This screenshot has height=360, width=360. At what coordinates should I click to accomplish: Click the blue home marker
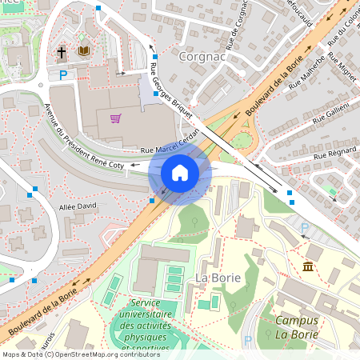[x=180, y=172]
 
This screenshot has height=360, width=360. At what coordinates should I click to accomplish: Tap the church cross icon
[x=62, y=53]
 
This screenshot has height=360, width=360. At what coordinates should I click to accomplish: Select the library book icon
[x=83, y=51]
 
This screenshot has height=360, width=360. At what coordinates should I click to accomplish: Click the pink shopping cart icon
[x=116, y=118]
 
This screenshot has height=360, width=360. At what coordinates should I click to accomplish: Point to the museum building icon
[x=308, y=266]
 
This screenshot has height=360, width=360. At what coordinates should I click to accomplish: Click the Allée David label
[x=78, y=206]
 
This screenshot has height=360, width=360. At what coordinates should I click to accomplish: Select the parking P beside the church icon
[x=63, y=75]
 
